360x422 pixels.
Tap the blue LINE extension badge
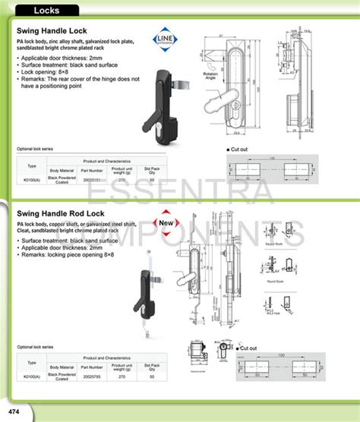tap(165, 39)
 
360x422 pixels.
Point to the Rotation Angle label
tap(210, 77)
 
